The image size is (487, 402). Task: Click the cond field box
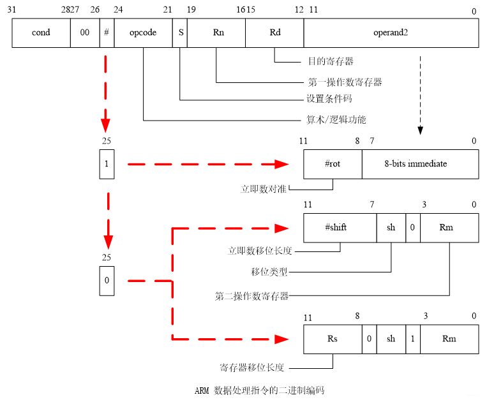(x=41, y=33)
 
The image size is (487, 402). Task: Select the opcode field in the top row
(x=143, y=33)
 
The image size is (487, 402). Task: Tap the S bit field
(x=180, y=33)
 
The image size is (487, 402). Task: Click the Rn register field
(x=216, y=33)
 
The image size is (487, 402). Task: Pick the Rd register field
(x=274, y=33)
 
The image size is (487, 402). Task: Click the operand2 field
(x=391, y=33)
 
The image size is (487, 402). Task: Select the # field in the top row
(x=107, y=33)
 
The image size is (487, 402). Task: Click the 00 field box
(x=85, y=33)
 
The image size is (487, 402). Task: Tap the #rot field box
(x=333, y=164)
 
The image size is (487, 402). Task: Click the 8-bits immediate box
(x=420, y=164)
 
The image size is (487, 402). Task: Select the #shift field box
(x=340, y=228)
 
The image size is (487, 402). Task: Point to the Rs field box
(x=333, y=338)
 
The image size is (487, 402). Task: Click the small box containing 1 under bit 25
(x=107, y=164)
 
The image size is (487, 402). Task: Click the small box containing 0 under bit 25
(x=107, y=280)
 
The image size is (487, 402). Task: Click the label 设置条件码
(x=329, y=99)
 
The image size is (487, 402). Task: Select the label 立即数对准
(x=264, y=190)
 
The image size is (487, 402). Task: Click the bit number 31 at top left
(x=12, y=11)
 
